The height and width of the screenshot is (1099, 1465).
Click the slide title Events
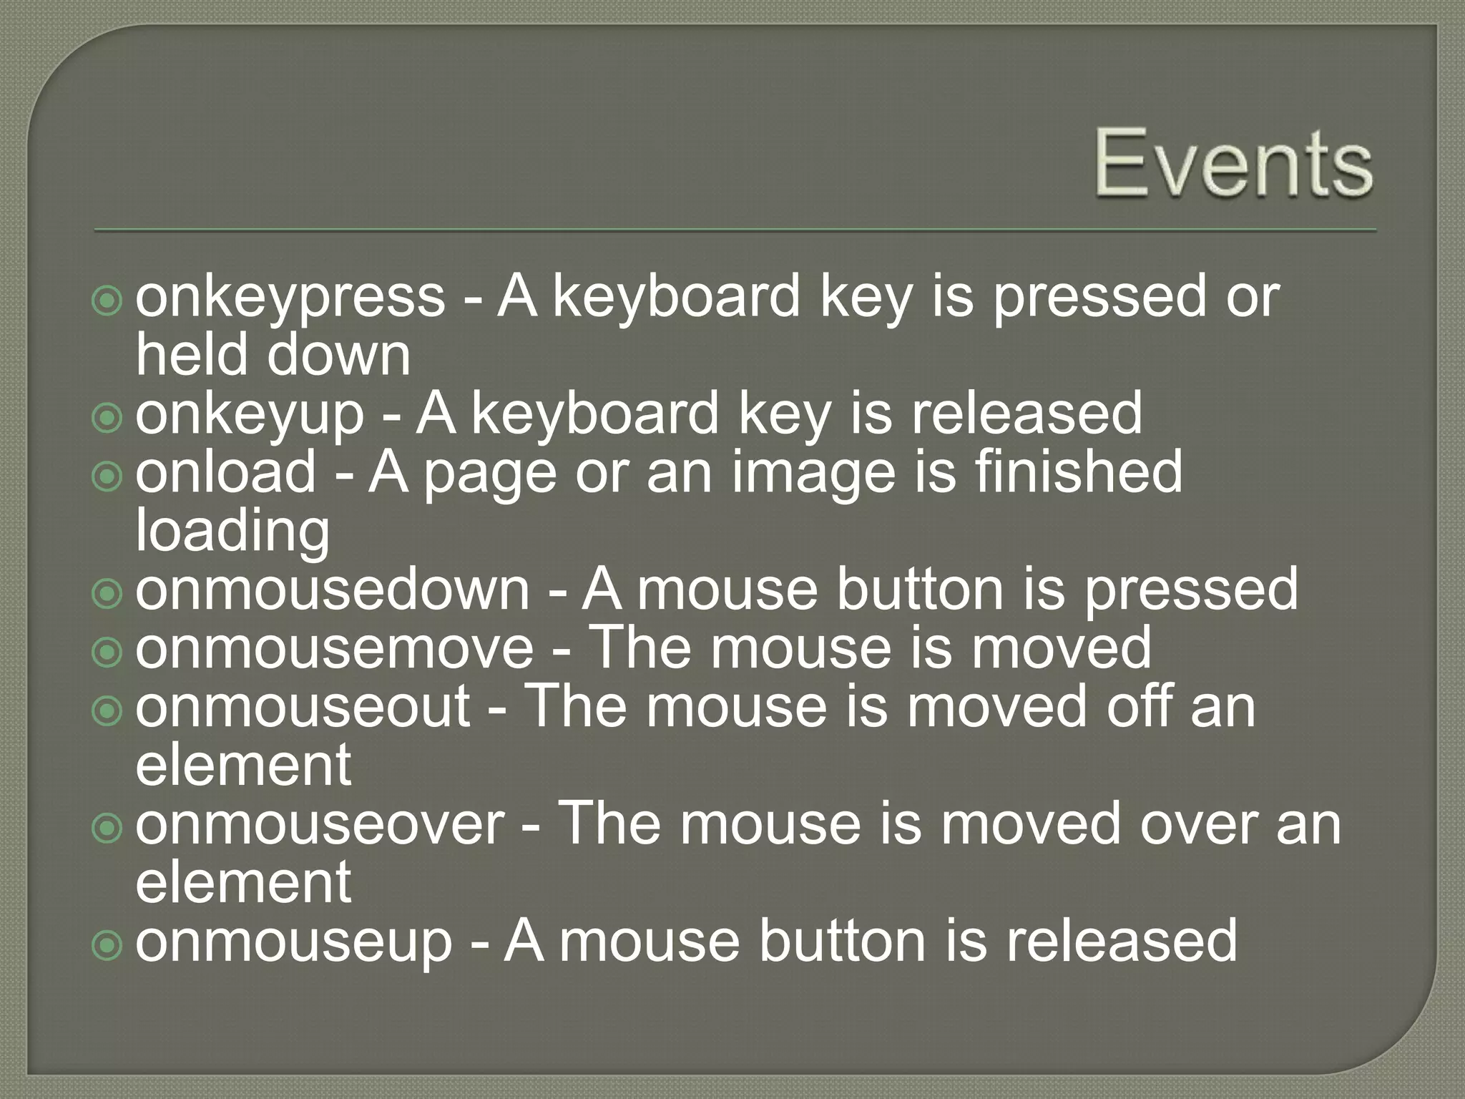[1233, 165]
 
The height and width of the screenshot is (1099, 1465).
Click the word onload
[225, 473]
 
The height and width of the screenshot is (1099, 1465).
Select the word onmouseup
[294, 942]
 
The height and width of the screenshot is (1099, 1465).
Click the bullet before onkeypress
[107, 301]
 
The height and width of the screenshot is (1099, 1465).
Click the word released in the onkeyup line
[1027, 414]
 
